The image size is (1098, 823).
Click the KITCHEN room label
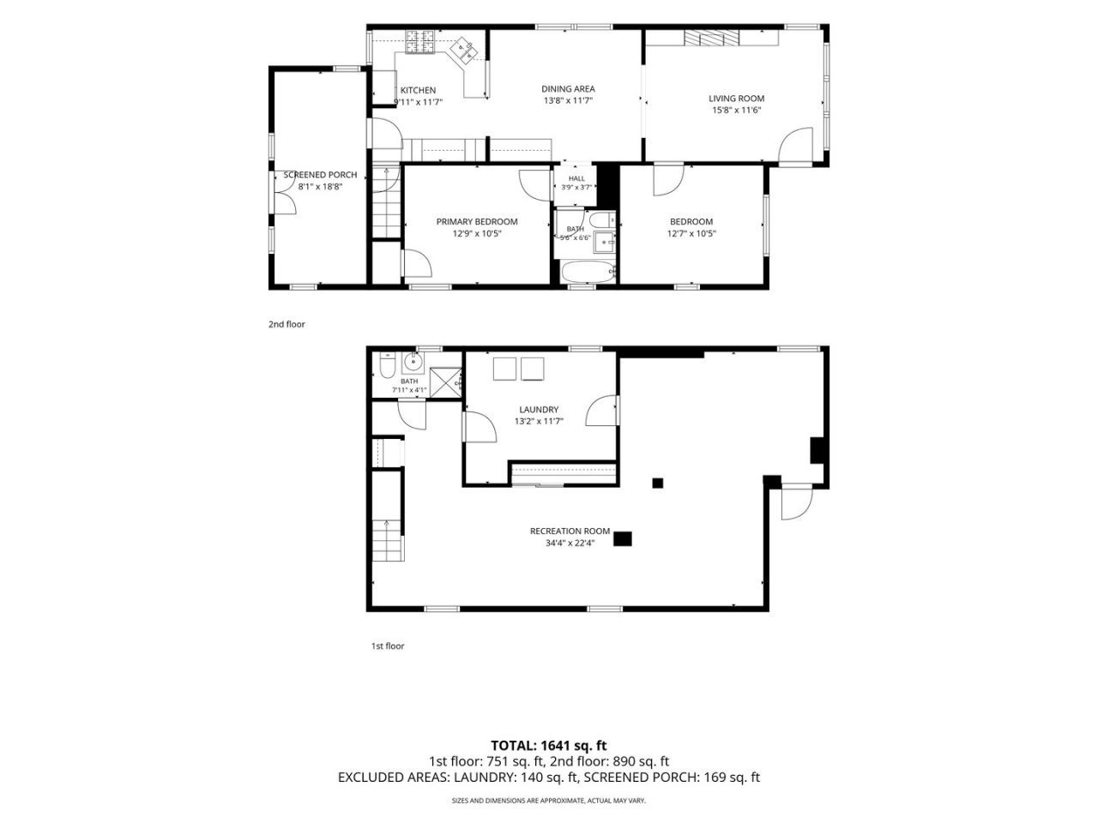click(x=418, y=91)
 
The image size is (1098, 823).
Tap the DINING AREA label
click(x=568, y=89)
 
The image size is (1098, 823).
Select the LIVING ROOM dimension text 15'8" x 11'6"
click(x=736, y=111)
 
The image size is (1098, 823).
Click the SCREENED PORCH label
click(x=320, y=175)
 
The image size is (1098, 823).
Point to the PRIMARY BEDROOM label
click(x=477, y=222)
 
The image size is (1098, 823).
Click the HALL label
click(x=576, y=178)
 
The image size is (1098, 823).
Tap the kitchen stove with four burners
click(x=419, y=41)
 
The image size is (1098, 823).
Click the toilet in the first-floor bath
click(x=388, y=365)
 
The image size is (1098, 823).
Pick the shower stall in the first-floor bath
click(x=445, y=382)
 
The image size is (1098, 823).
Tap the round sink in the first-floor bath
click(x=413, y=362)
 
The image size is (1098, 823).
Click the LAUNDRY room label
click(x=539, y=410)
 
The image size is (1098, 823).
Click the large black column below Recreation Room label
click(x=623, y=538)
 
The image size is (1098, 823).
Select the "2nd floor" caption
click(x=287, y=324)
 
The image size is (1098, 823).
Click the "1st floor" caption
click(x=388, y=646)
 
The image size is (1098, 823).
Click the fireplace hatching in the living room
click(x=711, y=38)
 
